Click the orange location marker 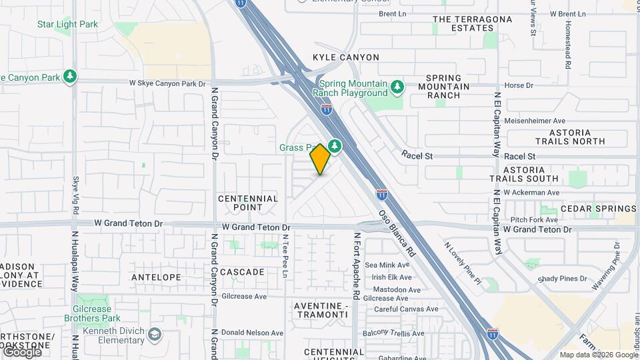[320, 159]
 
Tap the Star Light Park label [67, 25]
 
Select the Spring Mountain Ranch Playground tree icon [397, 86]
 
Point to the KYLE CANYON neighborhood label [346, 57]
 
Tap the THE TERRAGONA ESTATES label [473, 24]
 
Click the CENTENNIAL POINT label [248, 203]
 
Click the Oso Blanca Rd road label [398, 235]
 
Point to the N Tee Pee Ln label [285, 256]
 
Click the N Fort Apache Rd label [357, 265]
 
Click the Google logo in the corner [21, 351]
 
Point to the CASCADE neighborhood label [242, 272]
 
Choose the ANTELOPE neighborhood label [156, 277]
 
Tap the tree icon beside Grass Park [335, 145]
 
